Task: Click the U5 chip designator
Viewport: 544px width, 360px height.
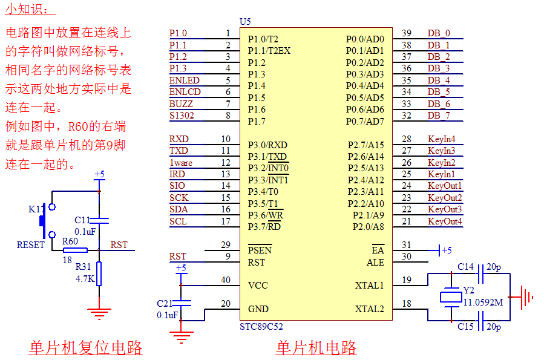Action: point(245,22)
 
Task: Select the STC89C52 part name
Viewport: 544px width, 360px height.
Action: point(261,327)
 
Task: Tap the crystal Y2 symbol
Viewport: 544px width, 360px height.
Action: point(450,297)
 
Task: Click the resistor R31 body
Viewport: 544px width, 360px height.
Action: point(99,273)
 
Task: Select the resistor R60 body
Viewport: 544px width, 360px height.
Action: point(75,250)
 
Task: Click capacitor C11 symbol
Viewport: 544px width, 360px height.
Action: point(99,221)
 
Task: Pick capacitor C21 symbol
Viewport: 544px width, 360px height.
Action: point(181,303)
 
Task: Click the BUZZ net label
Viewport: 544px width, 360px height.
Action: point(181,104)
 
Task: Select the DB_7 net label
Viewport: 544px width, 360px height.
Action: point(439,116)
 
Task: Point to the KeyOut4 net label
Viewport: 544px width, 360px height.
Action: point(445,221)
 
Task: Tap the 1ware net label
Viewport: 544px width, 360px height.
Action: point(181,163)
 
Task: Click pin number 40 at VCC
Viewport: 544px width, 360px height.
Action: point(226,280)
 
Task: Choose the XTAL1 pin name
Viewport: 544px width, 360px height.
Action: point(369,286)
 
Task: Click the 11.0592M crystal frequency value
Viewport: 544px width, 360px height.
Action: point(483,302)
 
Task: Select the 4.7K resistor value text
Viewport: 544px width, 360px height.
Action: point(85,279)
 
